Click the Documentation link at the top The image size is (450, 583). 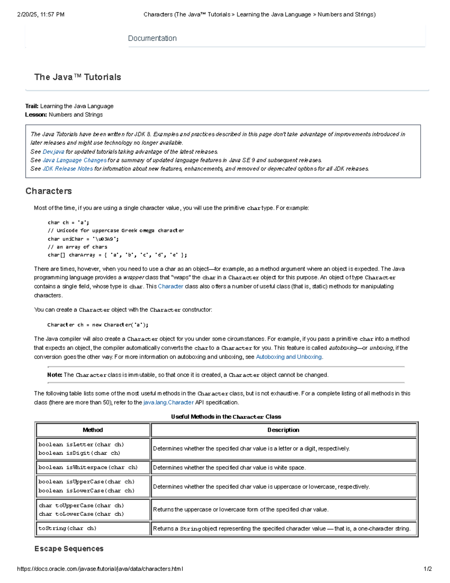[152, 38]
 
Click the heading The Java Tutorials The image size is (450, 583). [78, 77]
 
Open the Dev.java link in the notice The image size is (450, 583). [53, 152]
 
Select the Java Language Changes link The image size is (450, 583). [74, 160]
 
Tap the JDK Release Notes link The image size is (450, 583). [67, 169]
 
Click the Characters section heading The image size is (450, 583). [48, 191]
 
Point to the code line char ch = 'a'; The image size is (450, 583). [68, 223]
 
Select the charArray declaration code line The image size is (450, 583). [117, 255]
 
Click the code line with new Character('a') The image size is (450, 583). [97, 325]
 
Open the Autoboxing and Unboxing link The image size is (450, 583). [288, 357]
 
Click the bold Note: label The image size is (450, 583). [55, 375]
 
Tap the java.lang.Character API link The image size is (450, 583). [168, 402]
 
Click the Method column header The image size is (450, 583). [93, 430]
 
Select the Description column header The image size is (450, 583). [283, 430]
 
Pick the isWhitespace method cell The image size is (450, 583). [88, 467]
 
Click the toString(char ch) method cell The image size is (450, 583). [67, 528]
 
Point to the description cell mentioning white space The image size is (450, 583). [229, 468]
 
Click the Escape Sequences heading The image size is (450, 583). [69, 548]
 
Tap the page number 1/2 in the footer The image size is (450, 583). [427, 569]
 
